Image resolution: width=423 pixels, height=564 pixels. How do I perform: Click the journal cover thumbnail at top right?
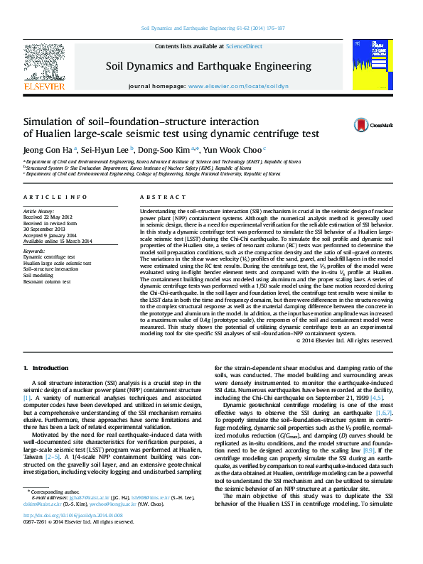coord(372,64)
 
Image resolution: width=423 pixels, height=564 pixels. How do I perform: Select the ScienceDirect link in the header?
coord(244,46)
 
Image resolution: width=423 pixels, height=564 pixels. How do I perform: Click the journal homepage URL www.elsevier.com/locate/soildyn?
coord(238,85)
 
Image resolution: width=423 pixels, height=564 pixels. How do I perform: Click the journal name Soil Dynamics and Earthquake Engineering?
coord(208,67)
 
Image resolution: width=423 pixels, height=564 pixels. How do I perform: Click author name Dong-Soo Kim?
coord(166,150)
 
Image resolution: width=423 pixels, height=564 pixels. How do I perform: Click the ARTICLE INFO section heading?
coord(55,197)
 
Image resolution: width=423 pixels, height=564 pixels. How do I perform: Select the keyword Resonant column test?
coord(47,281)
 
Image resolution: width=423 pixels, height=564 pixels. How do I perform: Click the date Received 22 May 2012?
coord(48,217)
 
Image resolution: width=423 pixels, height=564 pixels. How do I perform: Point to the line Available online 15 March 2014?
coord(58,240)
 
